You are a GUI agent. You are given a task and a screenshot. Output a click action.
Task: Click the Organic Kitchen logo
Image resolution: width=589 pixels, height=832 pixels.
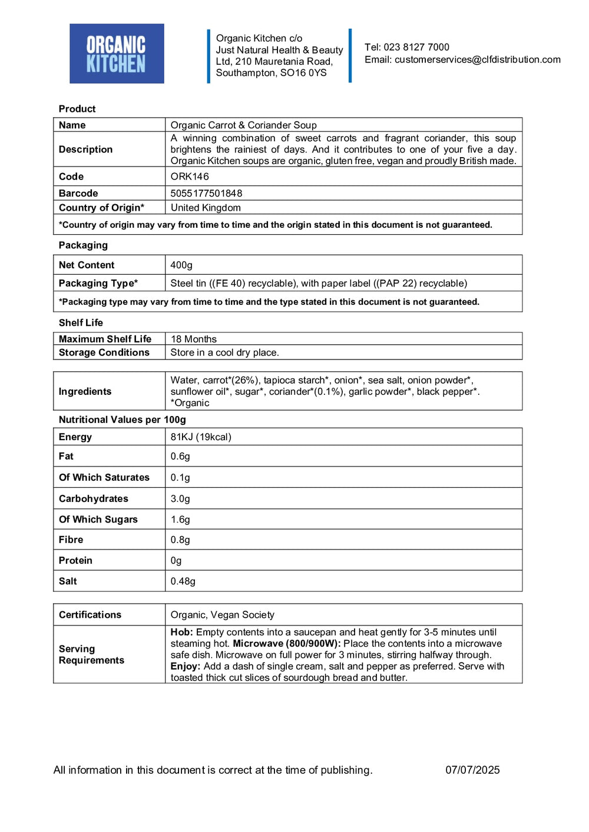click(x=117, y=54)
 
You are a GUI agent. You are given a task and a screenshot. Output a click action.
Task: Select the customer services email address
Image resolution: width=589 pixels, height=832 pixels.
click(x=477, y=59)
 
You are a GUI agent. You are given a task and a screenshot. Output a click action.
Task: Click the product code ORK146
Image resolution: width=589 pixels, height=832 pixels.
click(x=190, y=177)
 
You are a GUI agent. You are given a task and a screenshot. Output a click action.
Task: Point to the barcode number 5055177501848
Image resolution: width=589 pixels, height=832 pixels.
click(x=206, y=193)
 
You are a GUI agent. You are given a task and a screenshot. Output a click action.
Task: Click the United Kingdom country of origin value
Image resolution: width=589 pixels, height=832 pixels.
click(x=206, y=208)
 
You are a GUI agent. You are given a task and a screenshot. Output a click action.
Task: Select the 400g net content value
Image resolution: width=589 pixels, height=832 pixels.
click(x=181, y=265)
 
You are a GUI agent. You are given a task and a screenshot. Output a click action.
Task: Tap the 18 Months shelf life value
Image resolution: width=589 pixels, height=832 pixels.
click(x=194, y=339)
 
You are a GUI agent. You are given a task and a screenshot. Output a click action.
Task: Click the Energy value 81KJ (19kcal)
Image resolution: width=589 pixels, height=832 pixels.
click(x=201, y=437)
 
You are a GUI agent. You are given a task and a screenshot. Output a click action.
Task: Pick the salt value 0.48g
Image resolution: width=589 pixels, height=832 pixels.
click(x=183, y=581)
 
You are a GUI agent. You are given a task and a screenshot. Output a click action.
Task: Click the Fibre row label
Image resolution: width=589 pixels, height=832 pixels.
click(x=71, y=540)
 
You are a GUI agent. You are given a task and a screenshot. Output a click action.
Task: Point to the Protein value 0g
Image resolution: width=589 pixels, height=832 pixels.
click(x=176, y=561)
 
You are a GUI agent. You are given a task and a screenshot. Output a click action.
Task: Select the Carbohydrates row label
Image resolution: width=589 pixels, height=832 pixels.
click(x=93, y=498)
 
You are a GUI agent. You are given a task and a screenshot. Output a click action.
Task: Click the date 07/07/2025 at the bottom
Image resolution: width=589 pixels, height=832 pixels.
click(x=472, y=770)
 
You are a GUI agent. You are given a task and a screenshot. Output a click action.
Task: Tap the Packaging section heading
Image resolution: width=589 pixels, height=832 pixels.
click(x=83, y=245)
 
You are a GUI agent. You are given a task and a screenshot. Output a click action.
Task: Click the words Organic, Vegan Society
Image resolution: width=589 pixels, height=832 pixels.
click(x=223, y=615)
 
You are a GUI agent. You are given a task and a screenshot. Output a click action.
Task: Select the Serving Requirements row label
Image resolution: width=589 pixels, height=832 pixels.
click(x=91, y=654)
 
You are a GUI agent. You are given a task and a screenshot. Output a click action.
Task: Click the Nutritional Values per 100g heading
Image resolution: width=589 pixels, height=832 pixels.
click(x=122, y=420)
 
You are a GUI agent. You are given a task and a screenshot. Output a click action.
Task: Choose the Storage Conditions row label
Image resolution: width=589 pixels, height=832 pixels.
click(x=104, y=352)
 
